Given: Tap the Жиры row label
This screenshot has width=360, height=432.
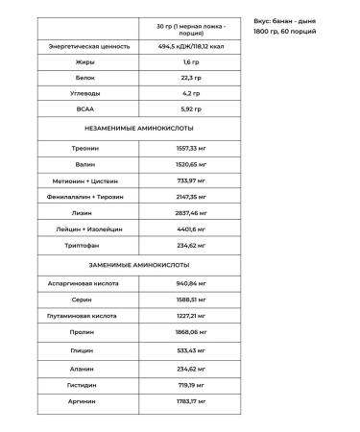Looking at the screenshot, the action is point(82,61).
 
